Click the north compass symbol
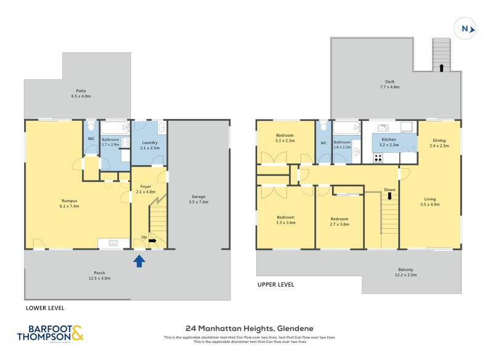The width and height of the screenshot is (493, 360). [466, 28]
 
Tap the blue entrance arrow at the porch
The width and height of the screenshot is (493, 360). [139, 261]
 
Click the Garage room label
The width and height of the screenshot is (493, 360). [198, 199]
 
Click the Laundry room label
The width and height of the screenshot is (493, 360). [150, 145]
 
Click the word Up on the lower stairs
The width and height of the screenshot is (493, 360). [144, 237]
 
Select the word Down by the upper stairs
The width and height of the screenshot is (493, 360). [389, 190]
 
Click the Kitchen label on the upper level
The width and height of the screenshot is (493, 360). [389, 142]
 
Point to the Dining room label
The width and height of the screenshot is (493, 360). [439, 143]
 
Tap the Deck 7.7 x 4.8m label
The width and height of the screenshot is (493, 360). [389, 84]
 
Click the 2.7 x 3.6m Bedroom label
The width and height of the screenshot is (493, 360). [339, 221]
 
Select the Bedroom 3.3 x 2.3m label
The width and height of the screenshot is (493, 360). [285, 138]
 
